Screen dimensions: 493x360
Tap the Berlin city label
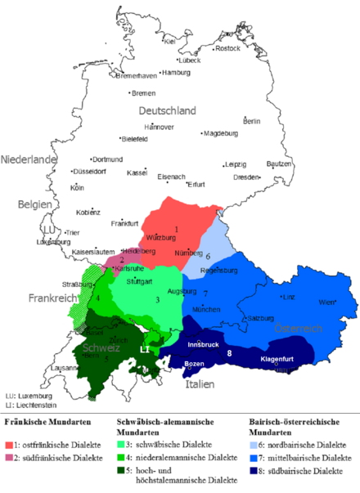[252, 121]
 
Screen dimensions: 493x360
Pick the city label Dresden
[247, 177]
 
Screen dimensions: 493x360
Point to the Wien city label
[327, 303]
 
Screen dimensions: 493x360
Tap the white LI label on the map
[144, 349]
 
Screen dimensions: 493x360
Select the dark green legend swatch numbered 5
[120, 471]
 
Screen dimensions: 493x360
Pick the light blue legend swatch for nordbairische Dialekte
[251, 443]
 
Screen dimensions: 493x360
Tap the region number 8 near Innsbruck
[230, 353]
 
